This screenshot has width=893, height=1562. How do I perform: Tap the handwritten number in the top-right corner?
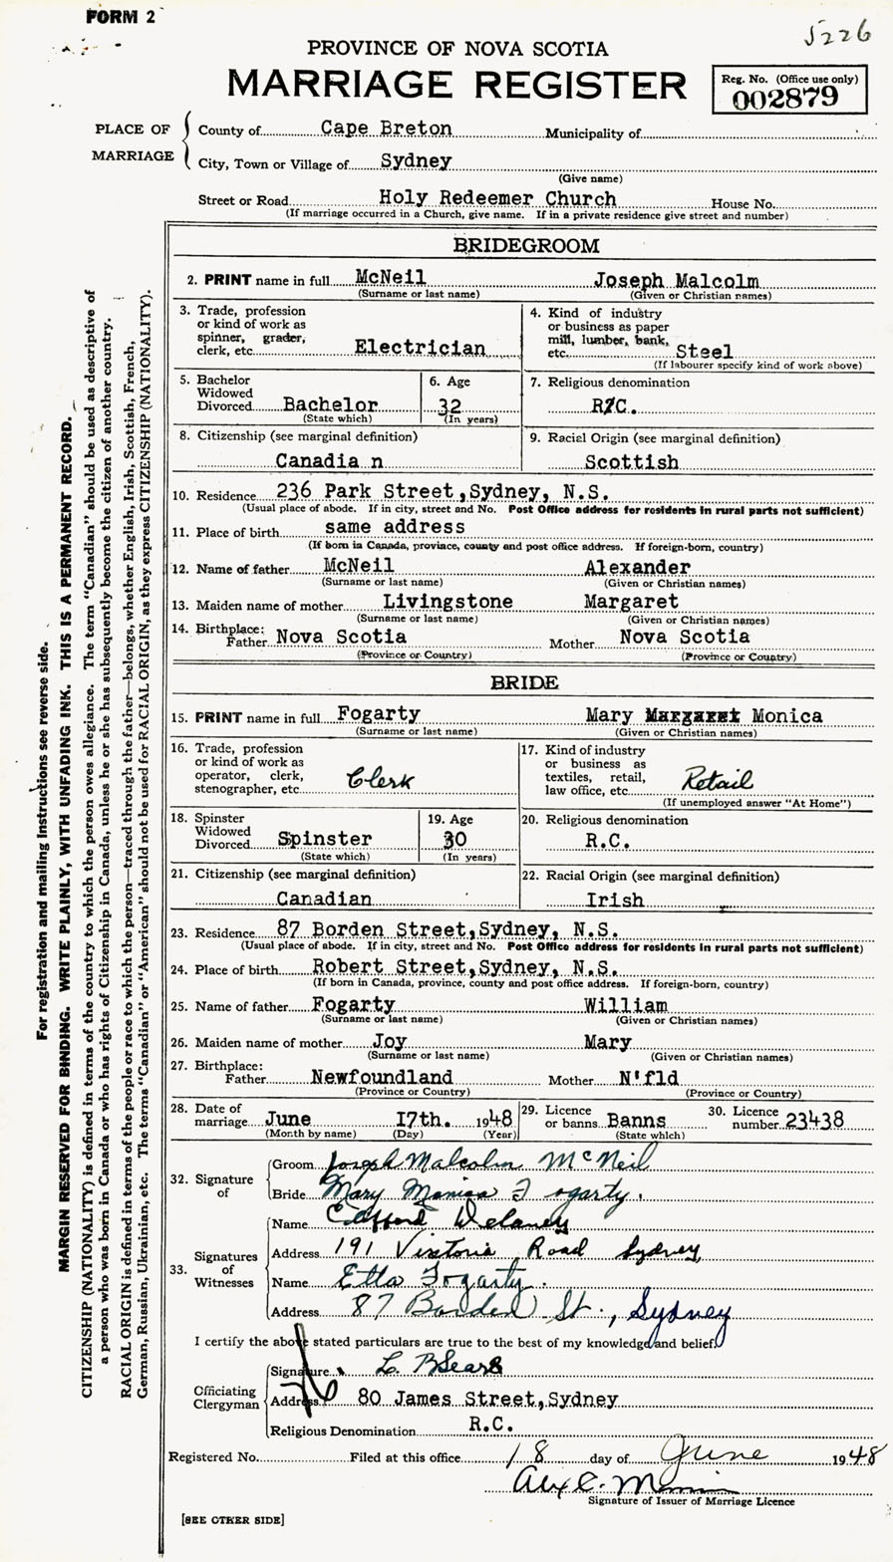pyautogui.click(x=839, y=36)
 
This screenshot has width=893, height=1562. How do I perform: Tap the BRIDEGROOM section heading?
pyautogui.click(x=526, y=245)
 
